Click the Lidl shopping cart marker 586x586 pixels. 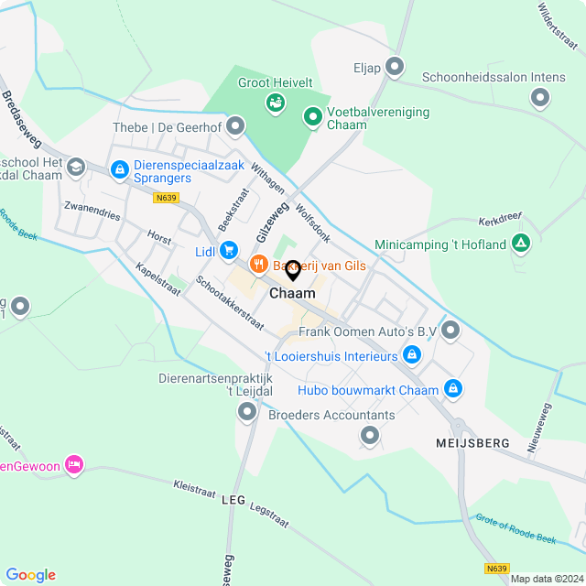click(229, 249)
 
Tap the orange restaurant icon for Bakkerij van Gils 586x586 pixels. click(259, 266)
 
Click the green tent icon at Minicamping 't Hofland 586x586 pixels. click(521, 244)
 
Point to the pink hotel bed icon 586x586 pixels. click(75, 466)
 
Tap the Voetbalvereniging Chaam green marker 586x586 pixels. click(312, 115)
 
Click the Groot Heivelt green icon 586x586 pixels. click(274, 102)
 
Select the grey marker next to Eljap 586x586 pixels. click(395, 67)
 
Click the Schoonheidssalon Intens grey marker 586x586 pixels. click(540, 96)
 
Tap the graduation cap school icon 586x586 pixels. click(75, 166)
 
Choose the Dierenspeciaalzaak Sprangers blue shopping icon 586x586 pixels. click(119, 168)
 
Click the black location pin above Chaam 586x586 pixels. click(293, 270)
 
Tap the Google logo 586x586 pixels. click(30, 574)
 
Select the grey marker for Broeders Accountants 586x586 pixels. click(370, 437)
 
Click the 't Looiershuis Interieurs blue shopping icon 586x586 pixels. click(413, 354)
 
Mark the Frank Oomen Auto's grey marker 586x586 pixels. click(450, 330)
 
